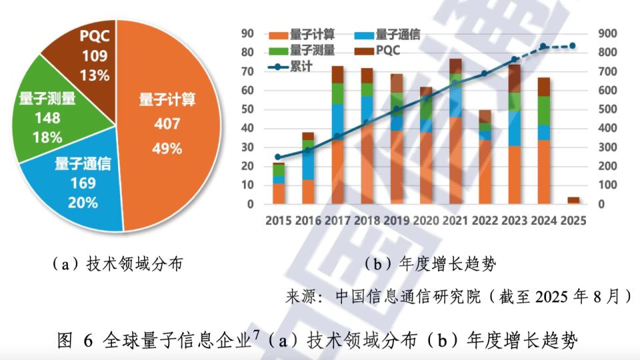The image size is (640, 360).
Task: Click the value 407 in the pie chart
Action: click(x=167, y=124)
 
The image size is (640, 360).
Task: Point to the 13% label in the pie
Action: click(x=95, y=75)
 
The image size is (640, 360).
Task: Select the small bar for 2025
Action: click(x=573, y=201)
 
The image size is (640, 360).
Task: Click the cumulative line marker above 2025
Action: click(x=572, y=46)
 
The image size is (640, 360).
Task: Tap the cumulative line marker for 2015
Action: click(x=278, y=157)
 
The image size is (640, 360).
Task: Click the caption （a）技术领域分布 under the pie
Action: click(x=116, y=264)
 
